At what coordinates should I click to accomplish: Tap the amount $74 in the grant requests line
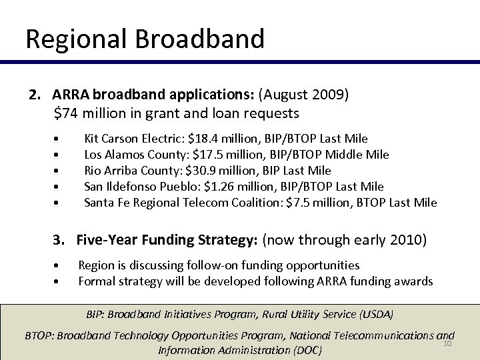[x=65, y=113]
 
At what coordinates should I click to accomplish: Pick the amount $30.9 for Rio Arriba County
[x=203, y=171]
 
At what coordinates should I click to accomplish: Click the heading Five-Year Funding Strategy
[x=167, y=239]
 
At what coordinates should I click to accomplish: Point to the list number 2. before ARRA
[x=35, y=94]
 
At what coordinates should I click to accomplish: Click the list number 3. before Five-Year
[x=61, y=239]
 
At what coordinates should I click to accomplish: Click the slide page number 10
[x=447, y=343]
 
